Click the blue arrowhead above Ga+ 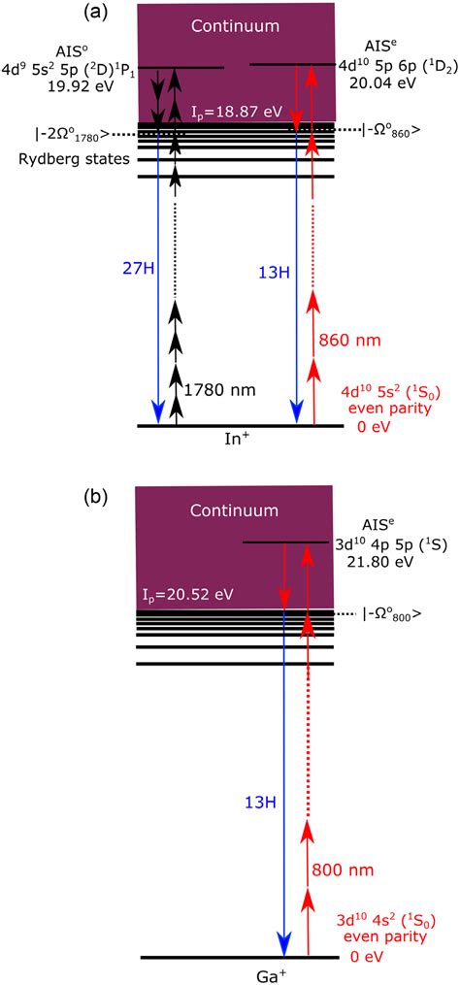tap(284, 943)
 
